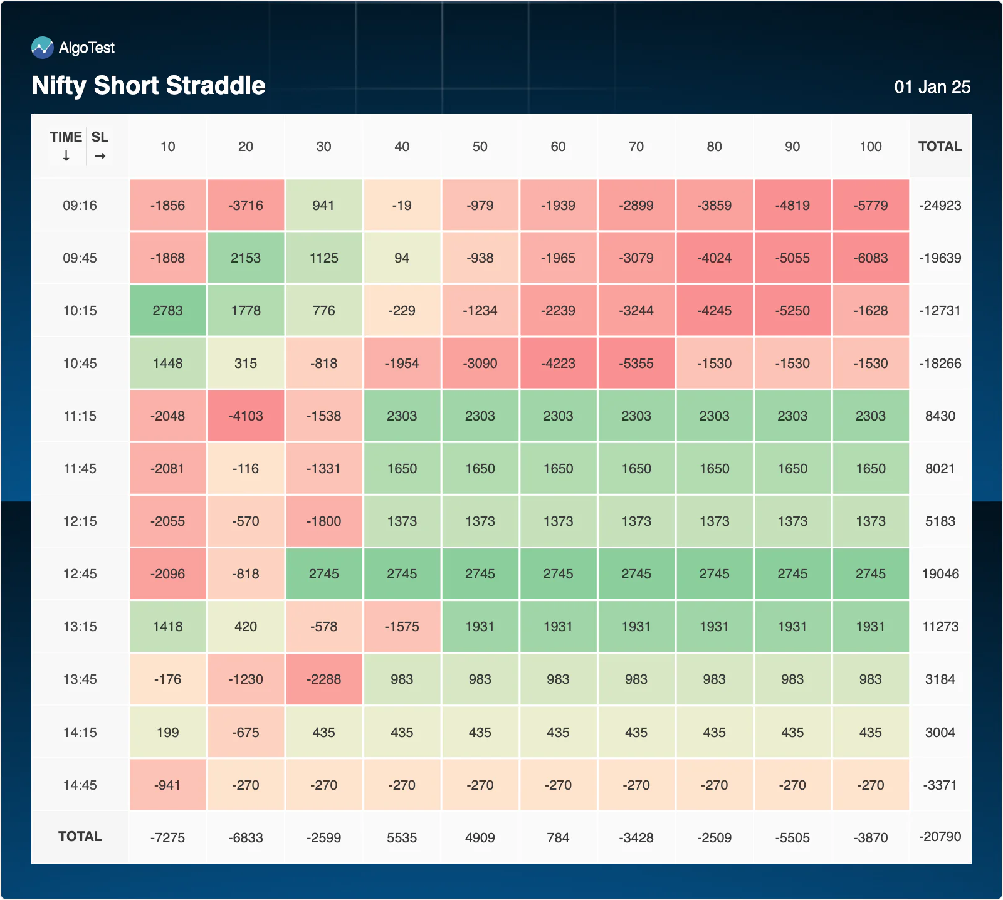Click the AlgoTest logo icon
(43, 48)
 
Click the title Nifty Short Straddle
(149, 85)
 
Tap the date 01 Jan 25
(932, 86)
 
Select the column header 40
(402, 147)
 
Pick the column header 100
(871, 147)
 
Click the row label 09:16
(80, 206)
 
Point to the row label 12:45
(80, 574)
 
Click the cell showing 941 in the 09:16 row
(324, 205)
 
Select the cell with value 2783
(168, 310)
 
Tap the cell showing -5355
(636, 363)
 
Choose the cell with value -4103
(246, 416)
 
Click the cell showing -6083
(871, 258)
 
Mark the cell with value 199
(168, 732)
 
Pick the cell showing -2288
(324, 679)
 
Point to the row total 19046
(940, 574)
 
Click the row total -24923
(940, 206)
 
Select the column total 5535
(402, 838)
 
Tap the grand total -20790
(940, 837)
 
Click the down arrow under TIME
(66, 156)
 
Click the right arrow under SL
(100, 156)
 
